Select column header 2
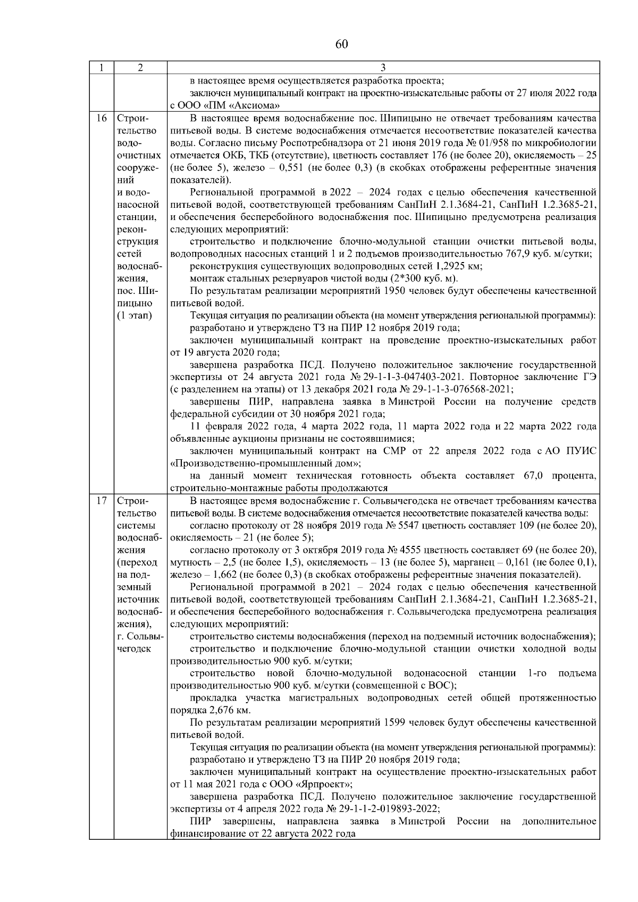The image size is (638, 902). point(140,68)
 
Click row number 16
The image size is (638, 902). point(101,118)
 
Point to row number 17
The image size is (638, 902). point(101,501)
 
